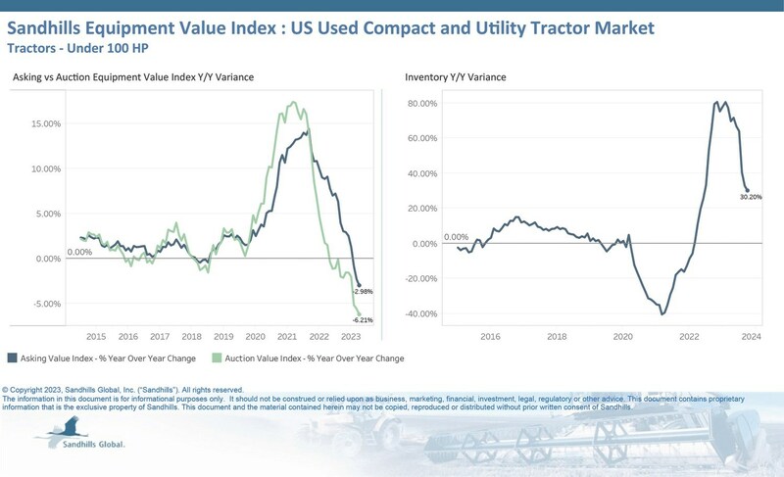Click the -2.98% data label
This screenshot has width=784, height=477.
click(364, 292)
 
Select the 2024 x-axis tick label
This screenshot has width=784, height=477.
click(752, 336)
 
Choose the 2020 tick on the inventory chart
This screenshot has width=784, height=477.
click(622, 336)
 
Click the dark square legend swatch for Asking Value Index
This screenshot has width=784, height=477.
click(12, 358)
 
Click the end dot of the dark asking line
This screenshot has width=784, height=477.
click(359, 284)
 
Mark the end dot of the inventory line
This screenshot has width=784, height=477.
click(747, 190)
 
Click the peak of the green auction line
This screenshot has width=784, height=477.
click(292, 102)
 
